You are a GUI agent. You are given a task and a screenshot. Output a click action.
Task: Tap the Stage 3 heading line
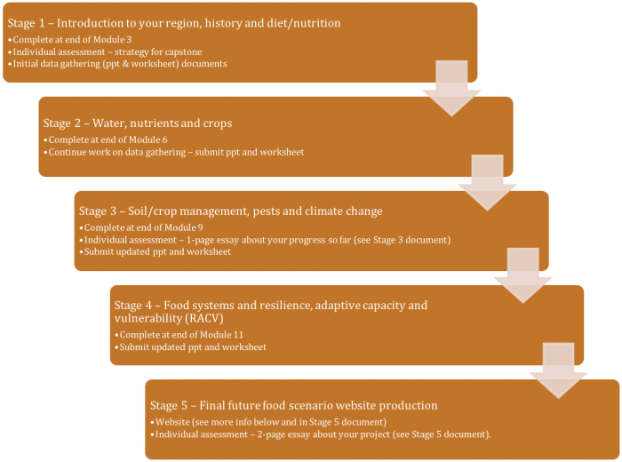(x=230, y=211)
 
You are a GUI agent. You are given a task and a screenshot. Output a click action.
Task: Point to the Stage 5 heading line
(x=293, y=405)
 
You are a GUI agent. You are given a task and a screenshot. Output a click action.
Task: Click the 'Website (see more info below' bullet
(x=271, y=421)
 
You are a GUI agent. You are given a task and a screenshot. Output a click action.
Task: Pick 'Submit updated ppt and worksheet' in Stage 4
(x=191, y=346)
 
